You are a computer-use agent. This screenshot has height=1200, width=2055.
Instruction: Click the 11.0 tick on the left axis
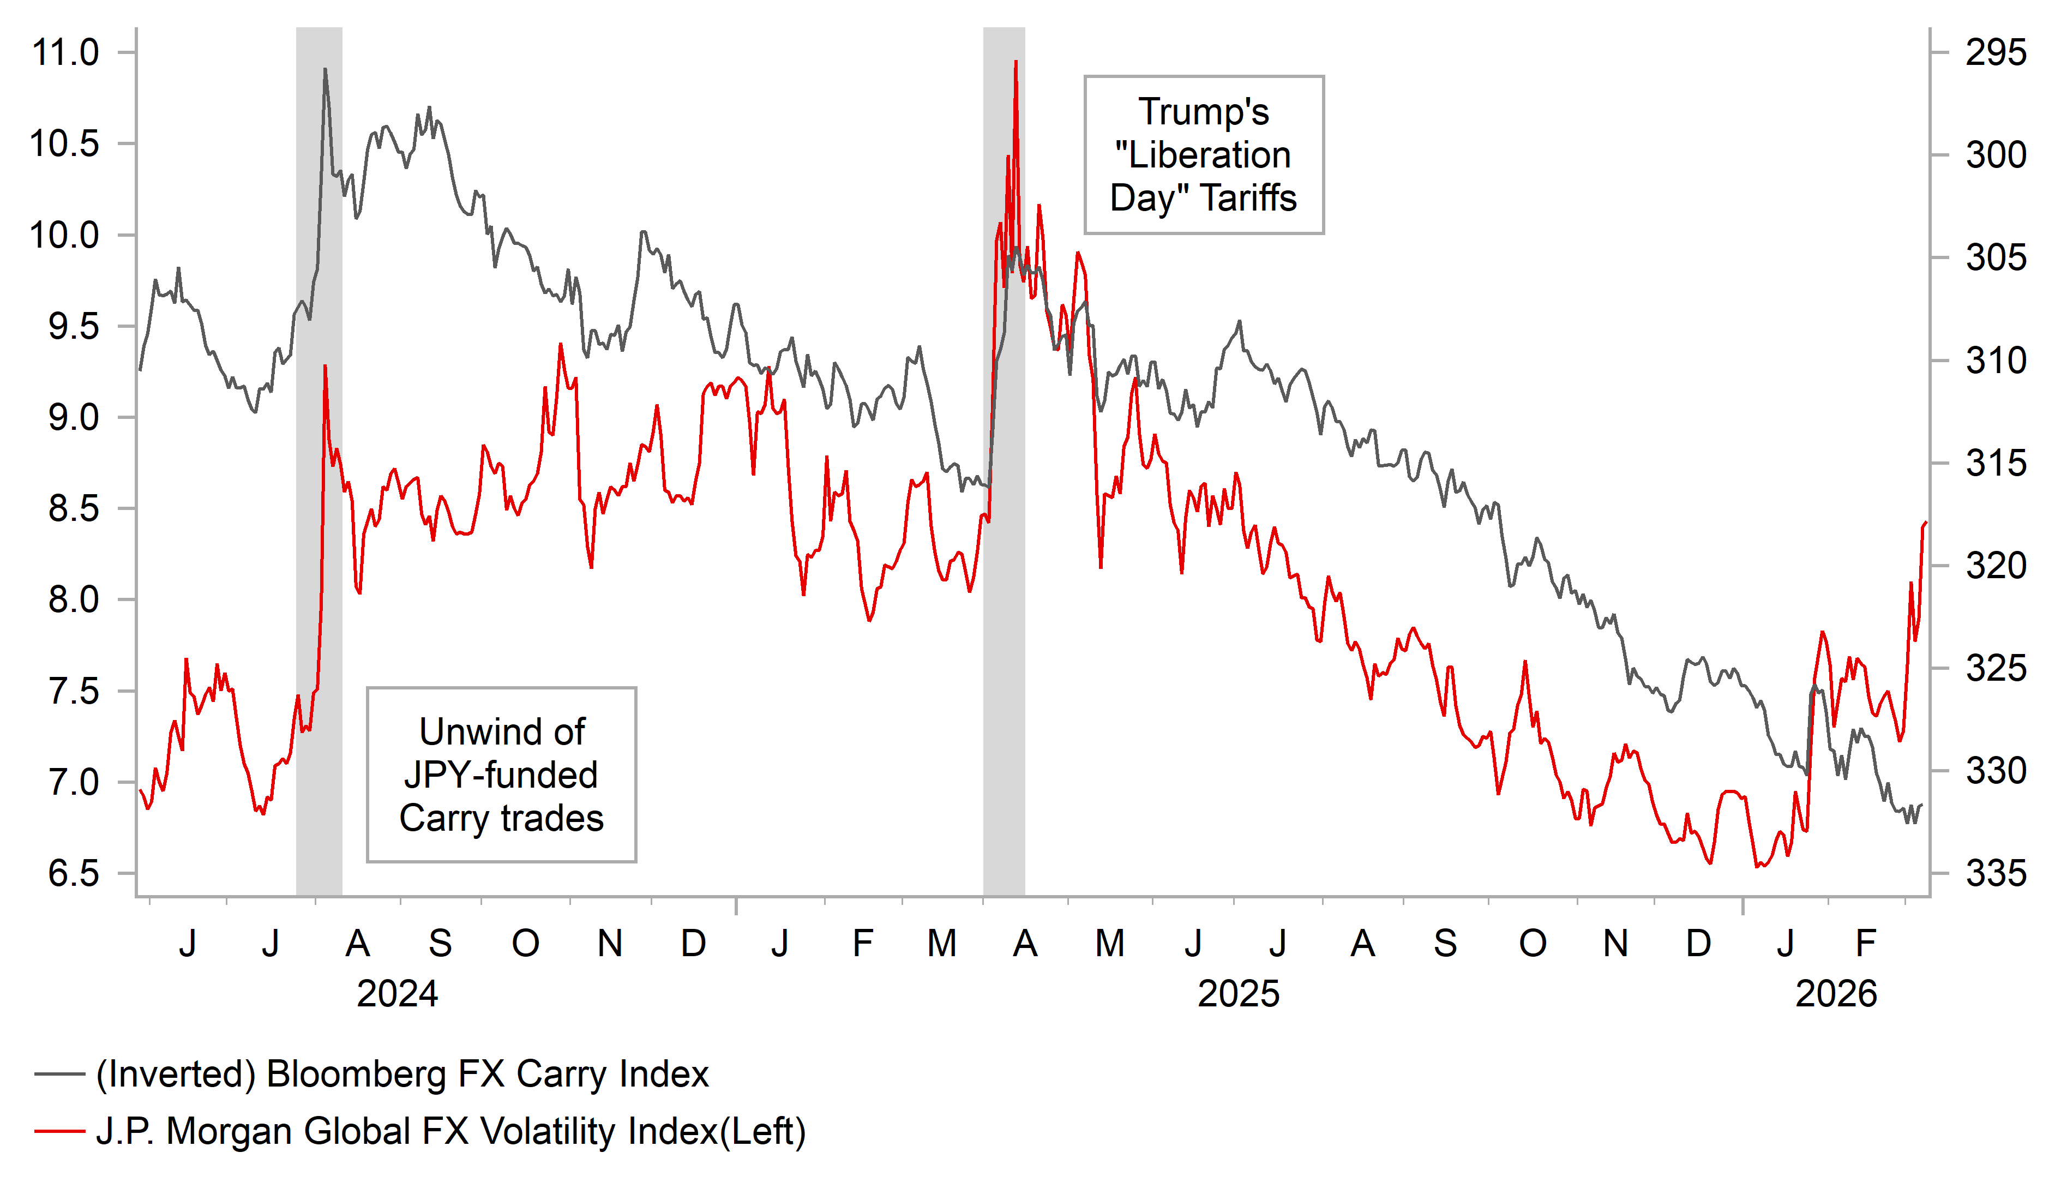pyautogui.click(x=65, y=53)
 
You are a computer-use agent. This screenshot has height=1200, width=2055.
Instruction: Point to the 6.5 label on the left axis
pyautogui.click(x=74, y=874)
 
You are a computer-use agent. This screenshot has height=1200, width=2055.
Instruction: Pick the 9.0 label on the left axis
pyautogui.click(x=74, y=418)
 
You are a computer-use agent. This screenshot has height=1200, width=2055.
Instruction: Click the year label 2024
pyautogui.click(x=397, y=994)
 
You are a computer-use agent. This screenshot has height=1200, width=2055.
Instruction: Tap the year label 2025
pyautogui.click(x=1238, y=994)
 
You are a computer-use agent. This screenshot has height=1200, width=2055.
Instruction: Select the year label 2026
pyautogui.click(x=1836, y=994)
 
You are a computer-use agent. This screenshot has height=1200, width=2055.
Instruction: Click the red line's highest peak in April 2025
pyautogui.click(x=1016, y=61)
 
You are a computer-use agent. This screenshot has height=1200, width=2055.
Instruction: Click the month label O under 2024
pyautogui.click(x=525, y=944)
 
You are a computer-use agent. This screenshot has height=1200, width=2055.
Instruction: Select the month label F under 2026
pyautogui.click(x=1866, y=944)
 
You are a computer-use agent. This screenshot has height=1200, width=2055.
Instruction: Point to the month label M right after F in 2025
pyautogui.click(x=942, y=944)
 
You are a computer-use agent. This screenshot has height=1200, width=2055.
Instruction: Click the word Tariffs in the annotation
pyautogui.click(x=1248, y=198)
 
